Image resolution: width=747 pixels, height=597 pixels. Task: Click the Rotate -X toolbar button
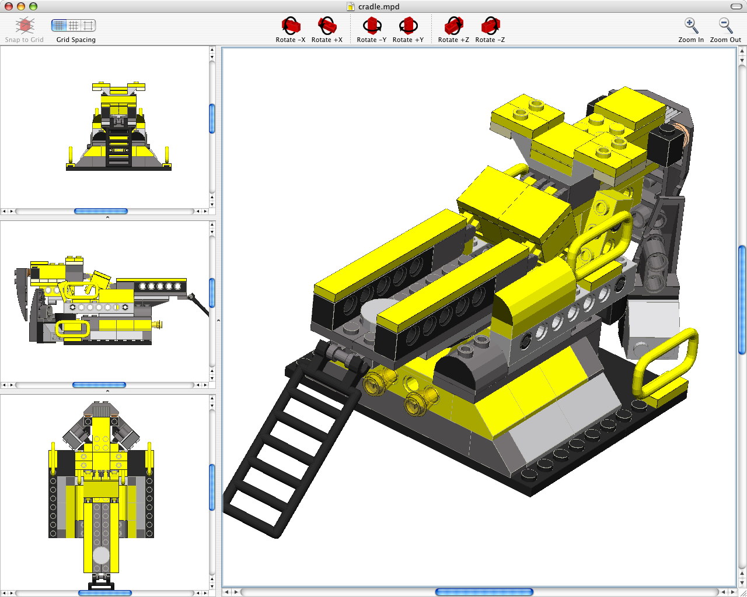click(x=291, y=27)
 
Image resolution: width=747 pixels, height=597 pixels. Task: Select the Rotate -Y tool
click(x=372, y=27)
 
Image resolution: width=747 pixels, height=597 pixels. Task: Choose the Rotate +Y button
click(x=408, y=27)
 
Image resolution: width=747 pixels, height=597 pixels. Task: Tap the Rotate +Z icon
click(x=453, y=27)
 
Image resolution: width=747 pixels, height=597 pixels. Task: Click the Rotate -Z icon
click(x=490, y=27)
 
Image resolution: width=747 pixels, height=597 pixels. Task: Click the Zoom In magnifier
click(x=691, y=26)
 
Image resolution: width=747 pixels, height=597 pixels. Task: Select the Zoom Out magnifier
click(x=725, y=26)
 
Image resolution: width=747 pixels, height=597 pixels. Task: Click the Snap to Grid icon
click(x=25, y=26)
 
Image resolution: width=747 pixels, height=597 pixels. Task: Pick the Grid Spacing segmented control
click(x=74, y=26)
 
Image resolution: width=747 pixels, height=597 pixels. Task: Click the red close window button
click(x=9, y=6)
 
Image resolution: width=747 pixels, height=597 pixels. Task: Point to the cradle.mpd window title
click(x=378, y=6)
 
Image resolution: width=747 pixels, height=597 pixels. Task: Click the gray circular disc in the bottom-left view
click(x=101, y=555)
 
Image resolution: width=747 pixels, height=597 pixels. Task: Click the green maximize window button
click(x=33, y=6)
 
